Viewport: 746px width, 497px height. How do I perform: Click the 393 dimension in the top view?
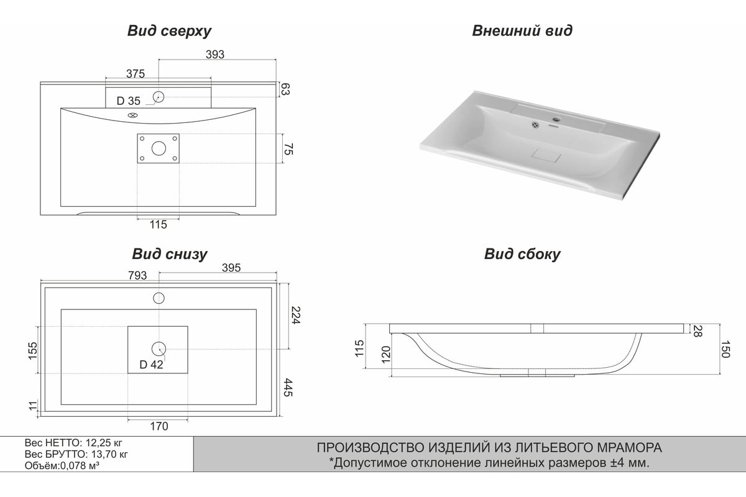coord(215,54)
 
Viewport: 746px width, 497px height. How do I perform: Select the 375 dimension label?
coord(136,73)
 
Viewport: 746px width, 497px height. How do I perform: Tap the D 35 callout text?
coord(129,101)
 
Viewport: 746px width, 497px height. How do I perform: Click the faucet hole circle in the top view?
coord(159,97)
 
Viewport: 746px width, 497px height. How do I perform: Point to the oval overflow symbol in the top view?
coord(133,116)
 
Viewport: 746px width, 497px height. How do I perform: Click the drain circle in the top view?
coord(159,148)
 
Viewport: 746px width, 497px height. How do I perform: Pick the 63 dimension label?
coord(285,89)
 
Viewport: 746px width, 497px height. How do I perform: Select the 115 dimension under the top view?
coord(158,225)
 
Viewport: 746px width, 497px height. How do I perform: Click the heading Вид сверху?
coord(169,31)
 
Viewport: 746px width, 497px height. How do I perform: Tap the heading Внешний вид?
coord(522,30)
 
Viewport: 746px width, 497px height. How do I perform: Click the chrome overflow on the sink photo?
coord(535,125)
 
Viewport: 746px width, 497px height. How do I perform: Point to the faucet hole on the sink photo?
coord(556,119)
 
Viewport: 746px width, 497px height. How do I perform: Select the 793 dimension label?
coord(137,276)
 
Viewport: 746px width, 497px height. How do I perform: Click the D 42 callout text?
coord(151,365)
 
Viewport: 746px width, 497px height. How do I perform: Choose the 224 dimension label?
coord(296,315)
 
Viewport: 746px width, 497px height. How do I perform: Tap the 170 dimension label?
coord(159,426)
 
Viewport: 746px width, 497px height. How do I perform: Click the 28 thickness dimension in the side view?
coord(698,331)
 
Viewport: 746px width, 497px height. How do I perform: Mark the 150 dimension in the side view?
coord(725,349)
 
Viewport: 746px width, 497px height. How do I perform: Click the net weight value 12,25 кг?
coord(104,443)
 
